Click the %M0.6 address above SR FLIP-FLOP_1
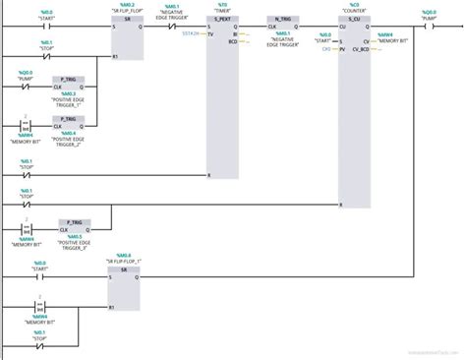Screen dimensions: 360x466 click(x=124, y=255)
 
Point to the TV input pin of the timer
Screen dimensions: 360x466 click(x=211, y=33)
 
